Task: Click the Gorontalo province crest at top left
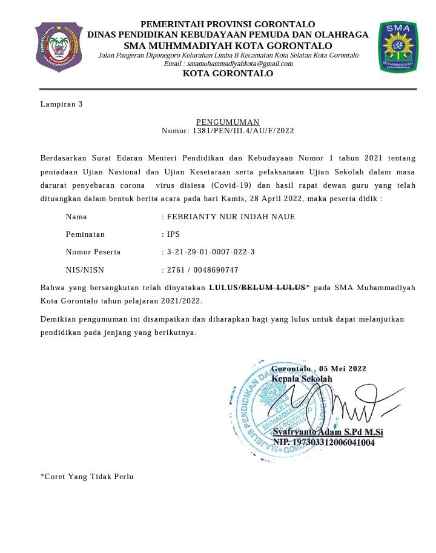[59, 47]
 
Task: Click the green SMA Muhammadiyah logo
[398, 47]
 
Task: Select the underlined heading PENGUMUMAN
[228, 122]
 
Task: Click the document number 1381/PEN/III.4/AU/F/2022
[243, 131]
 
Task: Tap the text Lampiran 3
[61, 104]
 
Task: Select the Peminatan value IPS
[173, 234]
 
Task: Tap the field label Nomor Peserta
[93, 252]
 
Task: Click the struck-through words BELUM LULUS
[273, 288]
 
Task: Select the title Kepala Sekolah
[302, 379]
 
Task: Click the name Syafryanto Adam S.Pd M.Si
[328, 432]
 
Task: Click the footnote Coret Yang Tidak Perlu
[87, 477]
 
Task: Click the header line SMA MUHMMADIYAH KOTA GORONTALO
[228, 45]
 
